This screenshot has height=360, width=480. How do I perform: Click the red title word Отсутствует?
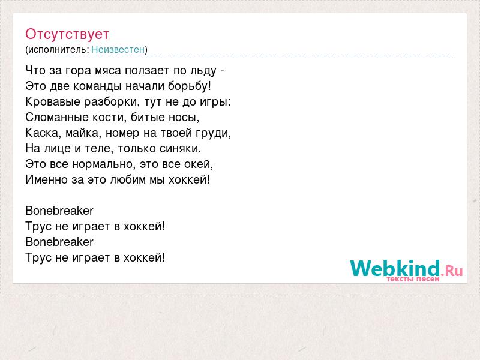(x=67, y=34)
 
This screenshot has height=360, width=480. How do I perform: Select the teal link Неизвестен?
(x=118, y=49)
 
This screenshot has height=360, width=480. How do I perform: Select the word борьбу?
(x=188, y=86)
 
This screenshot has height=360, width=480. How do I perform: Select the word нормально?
(x=102, y=164)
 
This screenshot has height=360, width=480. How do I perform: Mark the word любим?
(x=128, y=179)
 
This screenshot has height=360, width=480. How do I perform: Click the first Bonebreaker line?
(x=59, y=211)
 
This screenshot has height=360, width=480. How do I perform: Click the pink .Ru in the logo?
(x=452, y=270)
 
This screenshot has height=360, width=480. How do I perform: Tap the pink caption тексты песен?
(x=413, y=279)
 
